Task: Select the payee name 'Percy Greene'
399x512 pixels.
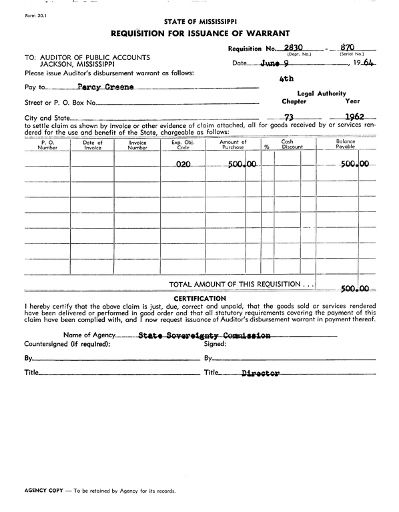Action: pos(105,87)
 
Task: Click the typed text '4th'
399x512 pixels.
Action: pos(288,79)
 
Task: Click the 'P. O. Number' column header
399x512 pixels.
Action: pos(47,145)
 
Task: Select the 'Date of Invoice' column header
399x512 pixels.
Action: pos(93,145)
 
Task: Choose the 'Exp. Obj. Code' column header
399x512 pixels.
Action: pos(181,145)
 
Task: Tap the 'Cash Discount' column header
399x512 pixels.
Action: pos(292,145)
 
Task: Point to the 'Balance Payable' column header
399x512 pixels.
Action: pos(346,145)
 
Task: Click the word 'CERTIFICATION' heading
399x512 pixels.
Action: pos(199,297)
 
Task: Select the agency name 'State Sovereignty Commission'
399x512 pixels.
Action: pos(204,335)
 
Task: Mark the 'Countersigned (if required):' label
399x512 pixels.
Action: pos(67,344)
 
